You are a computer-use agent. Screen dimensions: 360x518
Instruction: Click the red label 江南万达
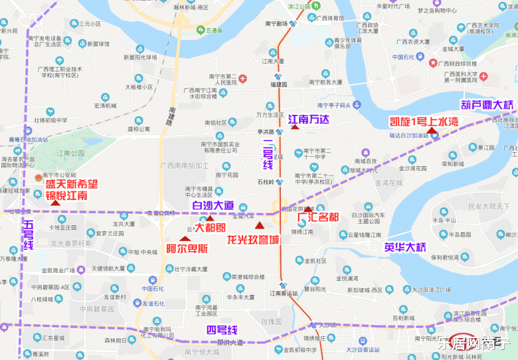pos(309,120)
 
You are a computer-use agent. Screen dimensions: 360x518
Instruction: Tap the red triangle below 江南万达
pos(294,127)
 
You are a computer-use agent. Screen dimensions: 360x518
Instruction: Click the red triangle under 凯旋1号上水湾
pos(432,131)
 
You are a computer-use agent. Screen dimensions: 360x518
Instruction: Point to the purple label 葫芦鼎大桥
pos(487,104)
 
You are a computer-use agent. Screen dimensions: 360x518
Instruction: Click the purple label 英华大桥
pos(404,247)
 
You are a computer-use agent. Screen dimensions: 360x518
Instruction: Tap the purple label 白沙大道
pos(213,205)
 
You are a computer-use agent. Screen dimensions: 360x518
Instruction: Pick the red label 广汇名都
pos(317,217)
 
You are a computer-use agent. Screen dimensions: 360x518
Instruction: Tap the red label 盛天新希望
pos(71,184)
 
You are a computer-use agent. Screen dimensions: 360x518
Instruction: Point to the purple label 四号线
pos(222,330)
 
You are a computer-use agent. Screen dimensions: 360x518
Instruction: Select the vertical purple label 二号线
pos(268,154)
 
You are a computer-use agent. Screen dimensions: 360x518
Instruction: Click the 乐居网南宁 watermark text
pos(474,343)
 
